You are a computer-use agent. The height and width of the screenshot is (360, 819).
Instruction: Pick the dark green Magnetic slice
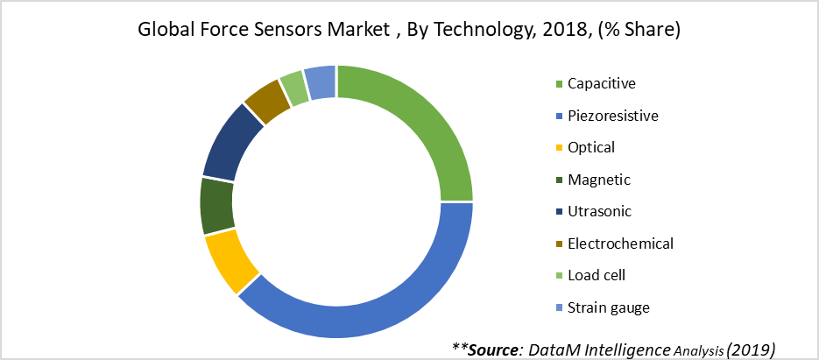click(215, 207)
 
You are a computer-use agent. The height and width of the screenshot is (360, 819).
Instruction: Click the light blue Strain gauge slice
click(321, 81)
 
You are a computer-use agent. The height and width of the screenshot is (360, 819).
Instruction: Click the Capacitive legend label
click(601, 84)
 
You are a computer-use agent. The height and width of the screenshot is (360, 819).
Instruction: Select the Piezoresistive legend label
click(612, 116)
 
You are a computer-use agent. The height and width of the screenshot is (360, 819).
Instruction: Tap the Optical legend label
click(591, 147)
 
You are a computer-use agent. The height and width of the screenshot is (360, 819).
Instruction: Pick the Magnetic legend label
click(598, 180)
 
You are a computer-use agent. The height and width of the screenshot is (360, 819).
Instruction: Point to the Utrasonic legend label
click(599, 211)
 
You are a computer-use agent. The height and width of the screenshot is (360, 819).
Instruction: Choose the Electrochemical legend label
click(620, 244)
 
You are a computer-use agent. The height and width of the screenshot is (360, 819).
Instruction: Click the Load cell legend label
click(597, 275)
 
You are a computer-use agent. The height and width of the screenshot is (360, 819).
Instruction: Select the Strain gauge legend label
click(608, 307)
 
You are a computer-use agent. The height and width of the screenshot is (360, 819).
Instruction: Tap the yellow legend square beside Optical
click(559, 148)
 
